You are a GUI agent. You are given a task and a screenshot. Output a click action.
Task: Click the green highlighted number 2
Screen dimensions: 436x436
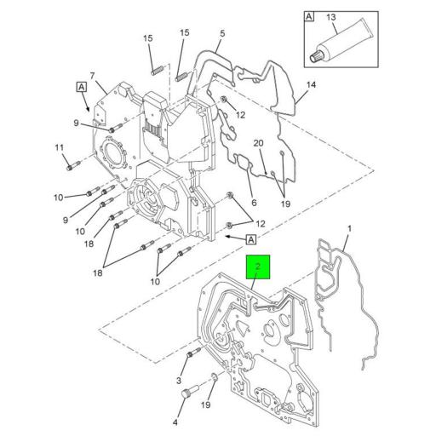(258, 267)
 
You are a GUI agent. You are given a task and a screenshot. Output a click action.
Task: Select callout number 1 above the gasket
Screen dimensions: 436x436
(349, 229)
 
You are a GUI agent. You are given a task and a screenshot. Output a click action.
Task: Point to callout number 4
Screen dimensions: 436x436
(176, 422)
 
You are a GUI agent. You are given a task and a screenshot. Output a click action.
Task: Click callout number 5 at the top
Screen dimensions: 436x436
(221, 33)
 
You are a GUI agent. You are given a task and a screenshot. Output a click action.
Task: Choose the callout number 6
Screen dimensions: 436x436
(253, 204)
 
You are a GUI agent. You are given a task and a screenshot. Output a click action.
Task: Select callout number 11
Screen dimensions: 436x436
(60, 148)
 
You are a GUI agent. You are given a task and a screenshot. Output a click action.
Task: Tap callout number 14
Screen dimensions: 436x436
(311, 84)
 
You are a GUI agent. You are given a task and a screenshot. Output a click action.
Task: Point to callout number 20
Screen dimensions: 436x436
(259, 143)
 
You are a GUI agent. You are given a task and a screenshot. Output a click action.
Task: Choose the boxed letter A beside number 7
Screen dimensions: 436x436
(80, 87)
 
